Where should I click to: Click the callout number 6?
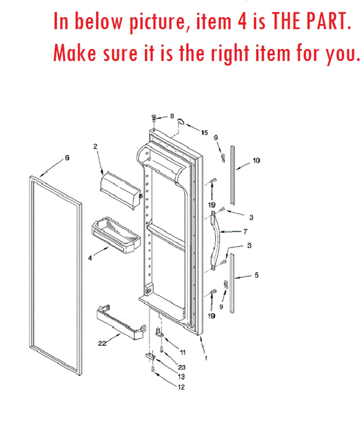(x=67, y=158)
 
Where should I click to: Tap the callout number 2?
(x=95, y=146)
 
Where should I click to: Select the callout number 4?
(x=90, y=258)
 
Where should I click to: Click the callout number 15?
(x=204, y=133)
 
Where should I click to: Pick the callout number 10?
(x=256, y=161)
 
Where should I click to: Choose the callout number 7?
(x=245, y=232)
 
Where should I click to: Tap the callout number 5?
(x=256, y=275)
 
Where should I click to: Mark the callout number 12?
(x=181, y=387)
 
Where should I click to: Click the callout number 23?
(x=182, y=367)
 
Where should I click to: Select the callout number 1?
(x=206, y=358)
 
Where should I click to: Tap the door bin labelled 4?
(x=116, y=236)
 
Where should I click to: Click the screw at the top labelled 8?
(x=154, y=118)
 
